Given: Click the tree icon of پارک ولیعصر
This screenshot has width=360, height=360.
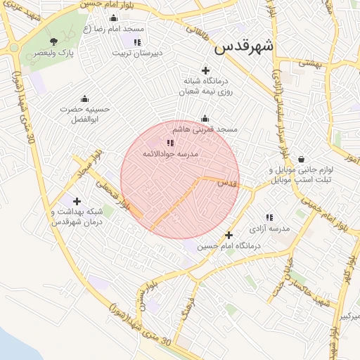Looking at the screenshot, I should pos(54,42).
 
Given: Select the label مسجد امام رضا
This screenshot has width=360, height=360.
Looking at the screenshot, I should pos(114,29).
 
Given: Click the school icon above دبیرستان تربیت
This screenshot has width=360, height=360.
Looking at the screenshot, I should pos(137,42).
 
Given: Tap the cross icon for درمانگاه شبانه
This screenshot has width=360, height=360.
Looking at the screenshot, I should pos(205,70).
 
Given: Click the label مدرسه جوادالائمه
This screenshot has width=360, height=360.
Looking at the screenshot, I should pos(171,153).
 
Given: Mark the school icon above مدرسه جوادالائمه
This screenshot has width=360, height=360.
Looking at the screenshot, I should pos(169,143).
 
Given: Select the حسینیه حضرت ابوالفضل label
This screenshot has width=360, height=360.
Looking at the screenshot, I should pos(85,114).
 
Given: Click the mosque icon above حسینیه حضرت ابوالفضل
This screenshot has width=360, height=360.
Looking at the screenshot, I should pos(85,98).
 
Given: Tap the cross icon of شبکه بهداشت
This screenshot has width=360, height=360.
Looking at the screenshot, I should pos(77,202).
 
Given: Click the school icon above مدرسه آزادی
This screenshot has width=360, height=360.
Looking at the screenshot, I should pos(269,218).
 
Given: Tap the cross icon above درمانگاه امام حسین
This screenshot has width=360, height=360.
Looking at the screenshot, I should pos(229,236).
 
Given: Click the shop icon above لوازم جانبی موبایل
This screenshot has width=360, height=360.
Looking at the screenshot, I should pos(301,159).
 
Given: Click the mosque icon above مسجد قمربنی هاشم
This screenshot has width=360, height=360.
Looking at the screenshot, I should pos(205,119).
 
